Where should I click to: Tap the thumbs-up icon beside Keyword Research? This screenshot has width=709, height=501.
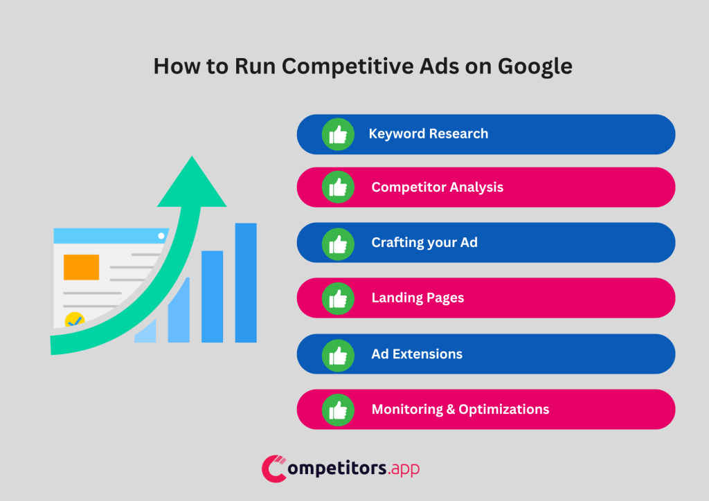pos(338,134)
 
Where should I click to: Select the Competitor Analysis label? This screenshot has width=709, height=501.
pos(437,187)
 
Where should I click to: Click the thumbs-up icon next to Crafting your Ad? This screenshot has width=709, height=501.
pos(338,243)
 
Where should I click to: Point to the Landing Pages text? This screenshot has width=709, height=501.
pos(418,298)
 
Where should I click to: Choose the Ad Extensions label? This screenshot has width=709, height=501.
pos(417,354)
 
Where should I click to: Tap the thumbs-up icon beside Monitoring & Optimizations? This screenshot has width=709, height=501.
pos(338,410)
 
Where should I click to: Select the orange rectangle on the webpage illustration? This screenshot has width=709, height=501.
pos(81,267)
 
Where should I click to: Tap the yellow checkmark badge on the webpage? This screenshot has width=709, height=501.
pos(74,321)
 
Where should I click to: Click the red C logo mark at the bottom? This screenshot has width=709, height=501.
pos(274,468)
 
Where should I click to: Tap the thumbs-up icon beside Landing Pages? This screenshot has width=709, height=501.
pos(338,298)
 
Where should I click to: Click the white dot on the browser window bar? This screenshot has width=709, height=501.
pos(161,236)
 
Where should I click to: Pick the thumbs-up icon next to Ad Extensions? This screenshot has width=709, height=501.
pos(338,354)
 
